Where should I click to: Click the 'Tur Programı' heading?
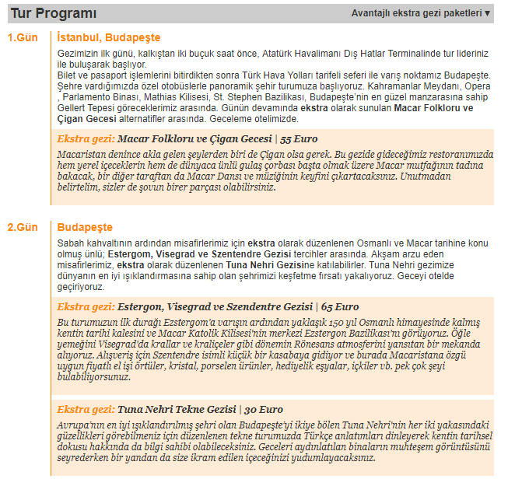point(54,12)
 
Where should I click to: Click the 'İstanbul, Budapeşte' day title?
point(109,37)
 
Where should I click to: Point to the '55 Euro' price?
point(300,139)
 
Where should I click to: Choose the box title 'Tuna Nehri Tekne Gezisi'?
point(177,409)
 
